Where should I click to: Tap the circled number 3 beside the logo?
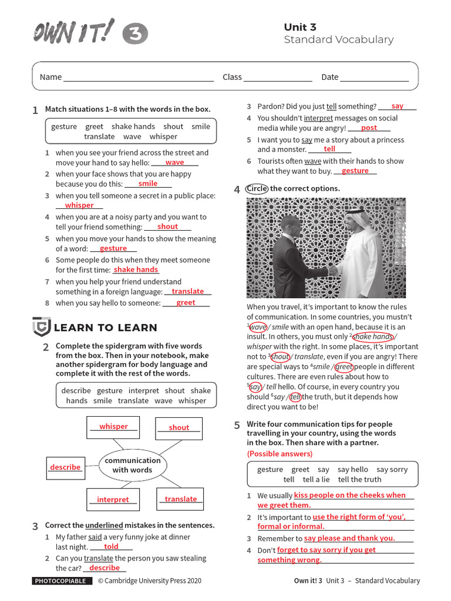point(135,35)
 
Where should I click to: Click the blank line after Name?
point(138,77)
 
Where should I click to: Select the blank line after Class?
point(278,77)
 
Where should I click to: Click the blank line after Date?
point(375,77)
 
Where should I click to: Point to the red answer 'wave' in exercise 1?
point(174,163)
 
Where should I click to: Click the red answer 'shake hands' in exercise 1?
point(136,269)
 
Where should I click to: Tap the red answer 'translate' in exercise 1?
point(187,291)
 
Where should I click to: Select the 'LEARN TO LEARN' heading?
point(105,327)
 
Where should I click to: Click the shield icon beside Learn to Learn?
point(41,326)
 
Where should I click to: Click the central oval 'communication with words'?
point(132,465)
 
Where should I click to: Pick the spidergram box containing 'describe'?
point(65,467)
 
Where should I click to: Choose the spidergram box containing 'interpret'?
point(113,499)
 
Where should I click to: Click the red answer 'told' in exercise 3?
point(111,546)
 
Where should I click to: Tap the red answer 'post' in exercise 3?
point(369,127)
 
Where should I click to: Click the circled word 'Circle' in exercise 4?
point(257,188)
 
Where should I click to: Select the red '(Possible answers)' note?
point(280,454)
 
